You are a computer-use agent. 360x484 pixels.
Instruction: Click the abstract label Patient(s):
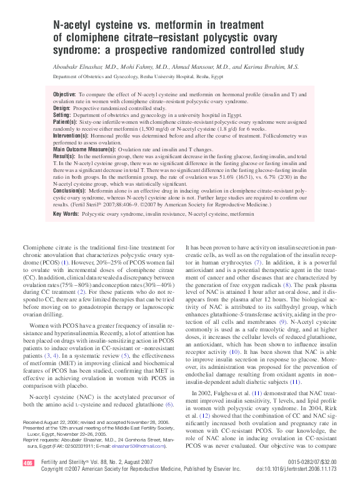point(67,123)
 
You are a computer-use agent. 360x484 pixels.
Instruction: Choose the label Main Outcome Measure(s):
point(84,150)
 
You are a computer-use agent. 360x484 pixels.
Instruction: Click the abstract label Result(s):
point(66,156)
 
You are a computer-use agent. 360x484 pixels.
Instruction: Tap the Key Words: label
point(67,214)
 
